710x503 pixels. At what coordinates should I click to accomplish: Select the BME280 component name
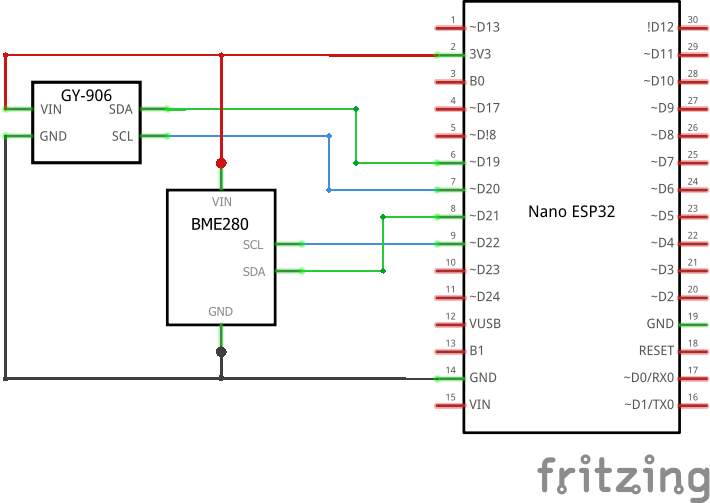(220, 225)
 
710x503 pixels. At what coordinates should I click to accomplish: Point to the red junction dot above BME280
(221, 162)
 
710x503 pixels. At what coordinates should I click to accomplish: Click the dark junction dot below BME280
(221, 352)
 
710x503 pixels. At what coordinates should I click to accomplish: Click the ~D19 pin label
(485, 162)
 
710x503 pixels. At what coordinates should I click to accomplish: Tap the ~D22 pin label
(485, 243)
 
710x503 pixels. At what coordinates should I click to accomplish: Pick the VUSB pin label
(485, 324)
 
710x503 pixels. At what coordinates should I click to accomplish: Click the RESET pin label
(656, 351)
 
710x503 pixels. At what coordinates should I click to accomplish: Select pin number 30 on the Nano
(693, 20)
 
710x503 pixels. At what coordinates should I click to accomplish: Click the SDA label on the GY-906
(120, 109)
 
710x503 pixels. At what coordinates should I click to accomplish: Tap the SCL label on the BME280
(253, 244)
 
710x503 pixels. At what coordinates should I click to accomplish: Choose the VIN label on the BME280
(221, 201)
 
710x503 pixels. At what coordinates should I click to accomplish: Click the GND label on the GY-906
(53, 136)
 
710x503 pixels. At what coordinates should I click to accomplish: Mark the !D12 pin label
(661, 27)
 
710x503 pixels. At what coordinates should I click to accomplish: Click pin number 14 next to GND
(452, 370)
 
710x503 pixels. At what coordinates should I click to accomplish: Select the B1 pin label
(477, 351)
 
